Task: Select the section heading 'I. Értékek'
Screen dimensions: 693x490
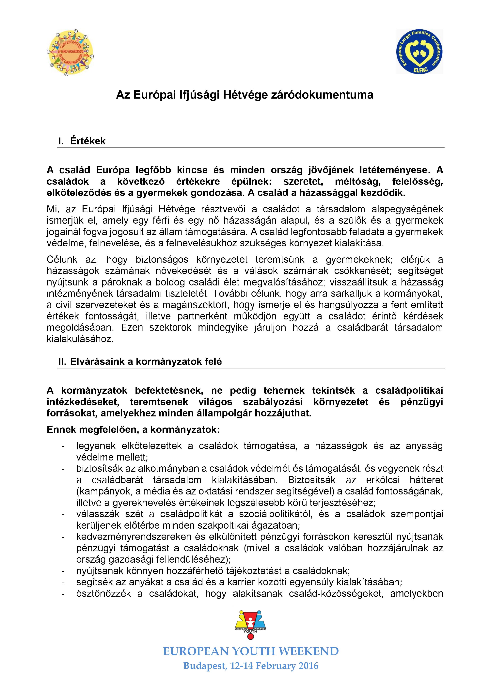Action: click(x=82, y=141)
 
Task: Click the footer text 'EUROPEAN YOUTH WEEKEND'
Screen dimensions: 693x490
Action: click(x=251, y=651)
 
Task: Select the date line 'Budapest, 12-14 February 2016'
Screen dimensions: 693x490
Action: click(x=251, y=666)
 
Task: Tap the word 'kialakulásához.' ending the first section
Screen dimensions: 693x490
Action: click(x=80, y=339)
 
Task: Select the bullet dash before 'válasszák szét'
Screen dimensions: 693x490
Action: click(x=63, y=514)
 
